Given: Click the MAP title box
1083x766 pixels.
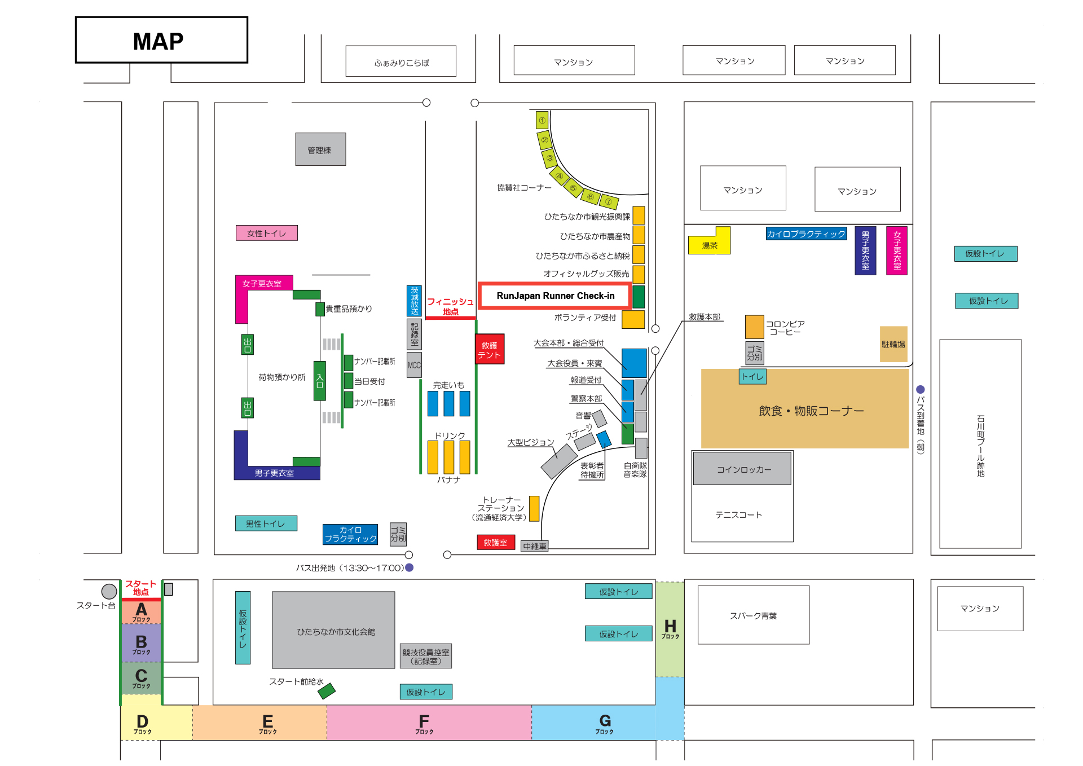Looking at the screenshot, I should coord(161,40).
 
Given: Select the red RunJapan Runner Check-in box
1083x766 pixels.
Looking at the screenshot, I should coord(555,296).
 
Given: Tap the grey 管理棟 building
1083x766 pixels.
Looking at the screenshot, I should coord(320,149).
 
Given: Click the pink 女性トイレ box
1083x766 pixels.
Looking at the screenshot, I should coord(266,233).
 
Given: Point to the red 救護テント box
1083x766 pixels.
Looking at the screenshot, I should coord(489,350).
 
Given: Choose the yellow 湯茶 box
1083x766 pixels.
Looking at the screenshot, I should coord(710,245).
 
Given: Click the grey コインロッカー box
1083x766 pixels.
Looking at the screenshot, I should coord(742,469).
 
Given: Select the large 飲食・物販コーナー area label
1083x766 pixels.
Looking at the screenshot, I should coord(811,411).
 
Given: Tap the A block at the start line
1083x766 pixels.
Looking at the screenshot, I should coord(141,611).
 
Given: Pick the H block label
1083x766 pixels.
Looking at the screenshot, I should coord(670,628).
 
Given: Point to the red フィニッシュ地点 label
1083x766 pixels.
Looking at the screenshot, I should coord(450,306).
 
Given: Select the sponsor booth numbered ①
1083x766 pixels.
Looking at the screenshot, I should coord(542,120).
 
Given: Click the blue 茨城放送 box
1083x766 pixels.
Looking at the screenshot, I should coord(414,301).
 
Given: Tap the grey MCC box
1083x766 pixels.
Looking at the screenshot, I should coord(414,365).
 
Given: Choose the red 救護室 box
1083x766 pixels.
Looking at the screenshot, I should coord(495,543).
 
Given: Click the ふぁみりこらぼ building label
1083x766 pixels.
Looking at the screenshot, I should coord(401,61).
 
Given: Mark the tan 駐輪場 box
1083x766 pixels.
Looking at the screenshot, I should coord(893,344).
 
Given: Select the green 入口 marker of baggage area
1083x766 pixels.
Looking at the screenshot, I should coord(320,381).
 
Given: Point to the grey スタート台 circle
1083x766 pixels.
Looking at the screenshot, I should coord(109,591).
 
